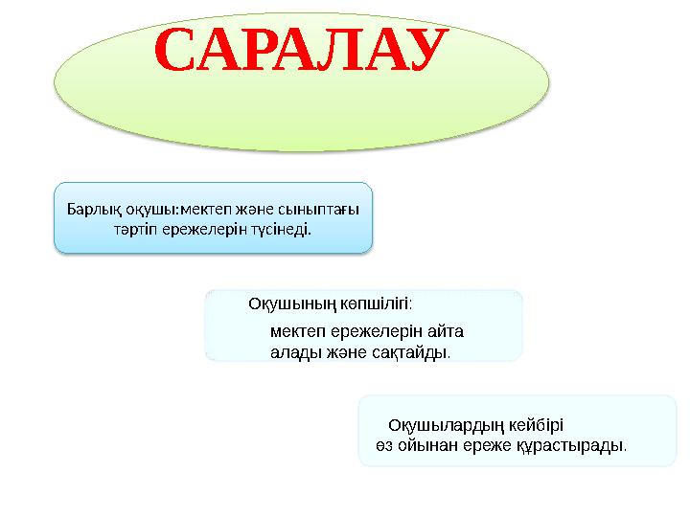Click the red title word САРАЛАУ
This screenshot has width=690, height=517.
(302, 53)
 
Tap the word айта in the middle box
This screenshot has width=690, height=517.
(445, 332)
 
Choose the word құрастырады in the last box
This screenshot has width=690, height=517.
(573, 445)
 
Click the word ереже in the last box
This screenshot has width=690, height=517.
(487, 445)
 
